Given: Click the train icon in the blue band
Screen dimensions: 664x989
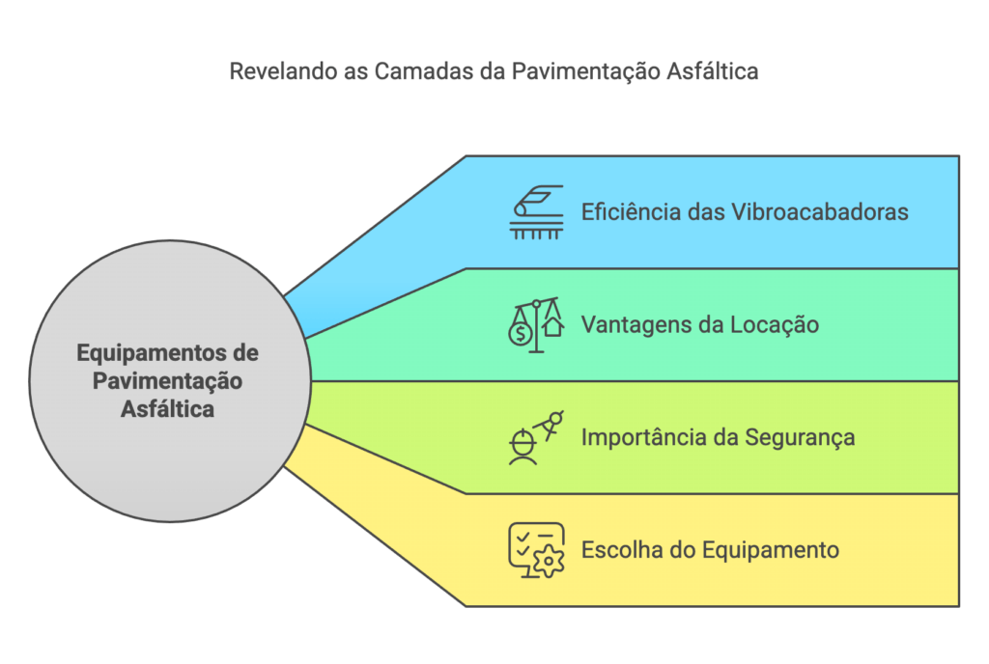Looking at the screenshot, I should click(537, 211).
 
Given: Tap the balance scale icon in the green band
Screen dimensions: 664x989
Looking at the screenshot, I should click(537, 324).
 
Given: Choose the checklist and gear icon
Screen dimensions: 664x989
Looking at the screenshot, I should click(536, 550).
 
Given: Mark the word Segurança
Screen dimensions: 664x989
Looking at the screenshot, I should click(800, 437).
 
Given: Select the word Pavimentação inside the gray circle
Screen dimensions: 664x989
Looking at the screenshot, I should click(168, 381).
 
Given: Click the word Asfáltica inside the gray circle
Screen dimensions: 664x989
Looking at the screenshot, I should click(168, 409).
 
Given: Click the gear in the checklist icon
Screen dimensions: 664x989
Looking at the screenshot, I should click(550, 561).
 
